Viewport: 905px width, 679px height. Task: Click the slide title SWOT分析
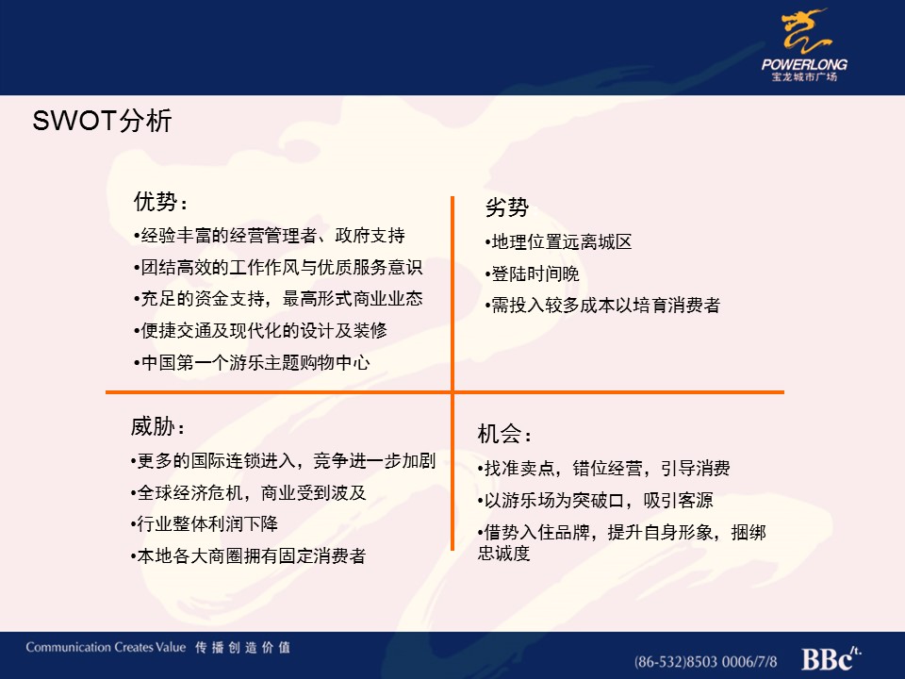coord(102,121)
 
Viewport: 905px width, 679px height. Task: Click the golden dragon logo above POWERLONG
coord(806,31)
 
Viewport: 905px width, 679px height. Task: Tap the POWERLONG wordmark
coord(804,64)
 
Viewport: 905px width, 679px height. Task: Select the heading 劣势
coord(507,207)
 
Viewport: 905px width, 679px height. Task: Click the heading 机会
coord(503,434)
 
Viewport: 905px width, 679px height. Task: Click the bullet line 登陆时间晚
coord(532,273)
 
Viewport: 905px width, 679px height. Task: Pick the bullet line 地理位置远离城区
coord(559,242)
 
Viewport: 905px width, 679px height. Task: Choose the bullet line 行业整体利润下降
coord(205,523)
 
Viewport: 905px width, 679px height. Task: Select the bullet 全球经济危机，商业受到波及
coord(249,492)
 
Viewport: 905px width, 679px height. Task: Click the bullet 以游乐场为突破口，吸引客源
coord(596,500)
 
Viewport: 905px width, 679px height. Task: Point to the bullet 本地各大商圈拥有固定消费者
coord(249,555)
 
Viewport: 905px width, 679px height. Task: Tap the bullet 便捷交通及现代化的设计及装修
coord(261,330)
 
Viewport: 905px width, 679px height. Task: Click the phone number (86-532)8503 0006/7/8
coord(705,661)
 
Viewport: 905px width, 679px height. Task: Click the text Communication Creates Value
coord(106,647)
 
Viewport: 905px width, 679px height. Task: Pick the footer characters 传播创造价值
coord(242,647)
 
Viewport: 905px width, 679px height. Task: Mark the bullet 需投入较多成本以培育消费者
coord(602,305)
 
